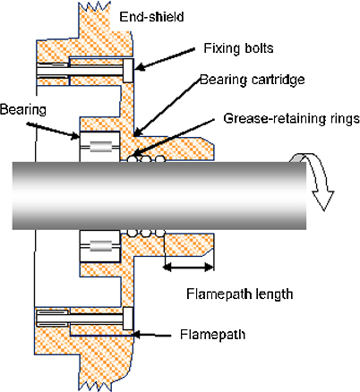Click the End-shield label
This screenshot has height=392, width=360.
pyautogui.click(x=151, y=17)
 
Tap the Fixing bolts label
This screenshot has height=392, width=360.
pyautogui.click(x=238, y=48)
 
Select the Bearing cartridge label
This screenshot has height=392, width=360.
pyautogui.click(x=253, y=80)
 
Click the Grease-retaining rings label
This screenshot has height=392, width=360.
pyautogui.click(x=291, y=119)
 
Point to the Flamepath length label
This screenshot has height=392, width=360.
pyautogui.click(x=240, y=294)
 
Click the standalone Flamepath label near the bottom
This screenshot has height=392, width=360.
pyautogui.click(x=212, y=334)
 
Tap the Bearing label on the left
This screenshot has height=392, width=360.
pyautogui.click(x=23, y=110)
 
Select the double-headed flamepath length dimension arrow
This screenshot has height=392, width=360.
pyautogui.click(x=188, y=267)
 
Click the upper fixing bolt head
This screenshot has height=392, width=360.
pyautogui.click(x=128, y=71)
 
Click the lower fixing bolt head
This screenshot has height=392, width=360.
pyautogui.click(x=128, y=319)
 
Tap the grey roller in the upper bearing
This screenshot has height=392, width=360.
pyautogui.click(x=101, y=147)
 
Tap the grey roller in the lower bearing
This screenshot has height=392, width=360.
pyautogui.click(x=101, y=246)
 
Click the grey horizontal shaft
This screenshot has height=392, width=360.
pyautogui.click(x=159, y=196)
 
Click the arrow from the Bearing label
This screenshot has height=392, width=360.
pyautogui.click(x=53, y=131)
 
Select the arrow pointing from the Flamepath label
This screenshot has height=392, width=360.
pyautogui.click(x=152, y=335)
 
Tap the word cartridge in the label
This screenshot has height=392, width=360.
pyautogui.click(x=279, y=80)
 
